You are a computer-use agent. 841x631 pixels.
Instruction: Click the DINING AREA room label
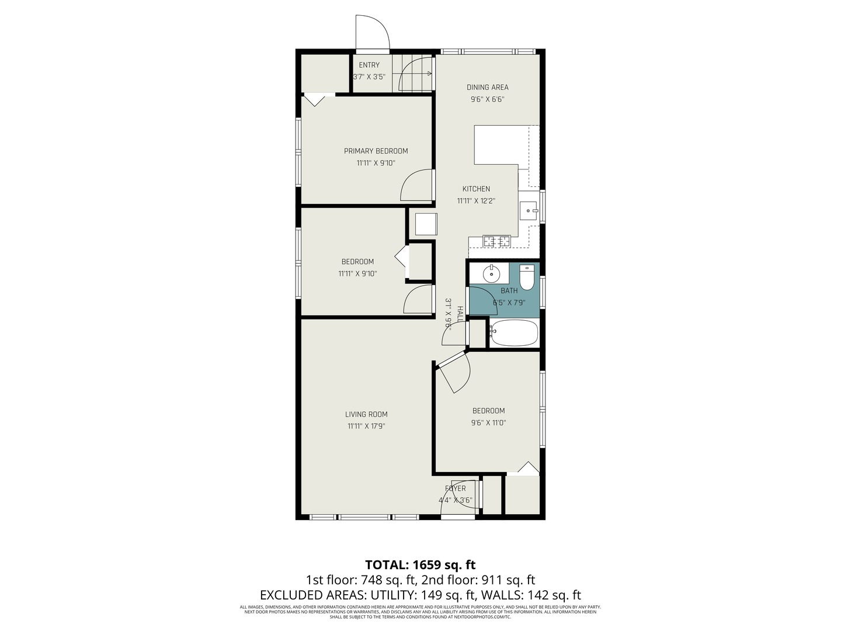coord(487,87)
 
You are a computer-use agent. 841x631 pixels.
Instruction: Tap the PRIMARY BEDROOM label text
coord(376,151)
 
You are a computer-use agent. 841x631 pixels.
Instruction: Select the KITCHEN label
coord(476,189)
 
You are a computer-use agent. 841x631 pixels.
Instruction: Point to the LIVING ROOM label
coord(366,414)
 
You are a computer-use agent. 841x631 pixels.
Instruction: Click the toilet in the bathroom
coord(527,277)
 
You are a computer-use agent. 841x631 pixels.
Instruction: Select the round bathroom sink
coord(491,273)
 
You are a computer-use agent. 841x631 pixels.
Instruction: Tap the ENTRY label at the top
coord(369,65)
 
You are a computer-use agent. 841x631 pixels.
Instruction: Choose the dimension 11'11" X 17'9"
coord(366,426)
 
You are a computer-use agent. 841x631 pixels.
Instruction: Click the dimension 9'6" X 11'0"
coord(488,422)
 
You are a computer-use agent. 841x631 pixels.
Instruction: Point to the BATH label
coord(509,290)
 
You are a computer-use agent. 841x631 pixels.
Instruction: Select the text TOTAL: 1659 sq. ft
coord(420,564)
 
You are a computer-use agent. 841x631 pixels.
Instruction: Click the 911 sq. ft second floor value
coord(507,580)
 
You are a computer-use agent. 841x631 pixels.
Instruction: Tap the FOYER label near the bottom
coord(456,488)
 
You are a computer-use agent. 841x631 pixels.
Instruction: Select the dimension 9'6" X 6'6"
coord(487,99)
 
